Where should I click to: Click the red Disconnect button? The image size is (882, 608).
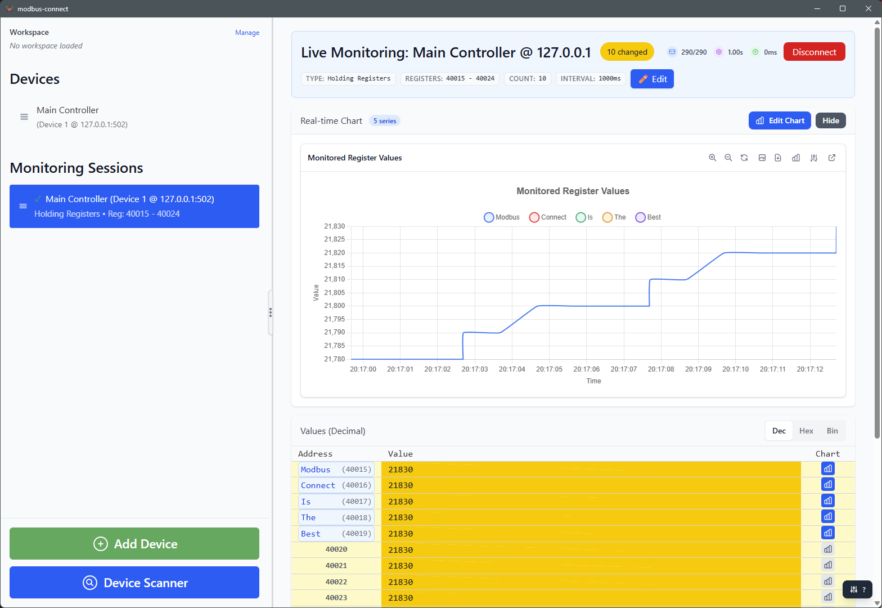click(x=814, y=52)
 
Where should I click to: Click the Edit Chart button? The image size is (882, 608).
click(x=779, y=120)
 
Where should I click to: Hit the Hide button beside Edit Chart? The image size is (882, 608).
click(x=830, y=120)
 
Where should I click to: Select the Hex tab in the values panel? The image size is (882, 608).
click(x=806, y=431)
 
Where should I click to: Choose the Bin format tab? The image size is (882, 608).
click(x=832, y=431)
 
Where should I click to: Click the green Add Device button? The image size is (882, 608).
click(x=134, y=544)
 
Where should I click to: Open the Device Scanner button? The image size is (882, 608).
click(x=134, y=583)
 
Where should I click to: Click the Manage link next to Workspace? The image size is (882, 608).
click(x=247, y=33)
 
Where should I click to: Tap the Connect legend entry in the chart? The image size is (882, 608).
click(x=548, y=217)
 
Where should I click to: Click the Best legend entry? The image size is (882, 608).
click(x=648, y=217)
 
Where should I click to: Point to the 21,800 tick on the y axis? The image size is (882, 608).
click(x=334, y=306)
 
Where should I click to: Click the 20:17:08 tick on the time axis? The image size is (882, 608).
click(x=661, y=369)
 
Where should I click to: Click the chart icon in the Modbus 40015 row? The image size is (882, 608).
click(x=827, y=469)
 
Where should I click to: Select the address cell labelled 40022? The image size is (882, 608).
click(x=336, y=582)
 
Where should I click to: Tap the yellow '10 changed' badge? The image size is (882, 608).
click(x=627, y=52)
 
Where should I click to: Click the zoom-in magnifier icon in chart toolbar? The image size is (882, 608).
click(x=712, y=158)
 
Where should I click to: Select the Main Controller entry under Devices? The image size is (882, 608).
click(x=67, y=117)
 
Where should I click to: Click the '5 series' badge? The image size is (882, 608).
click(x=385, y=121)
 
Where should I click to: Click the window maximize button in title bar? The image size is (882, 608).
click(x=842, y=8)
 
